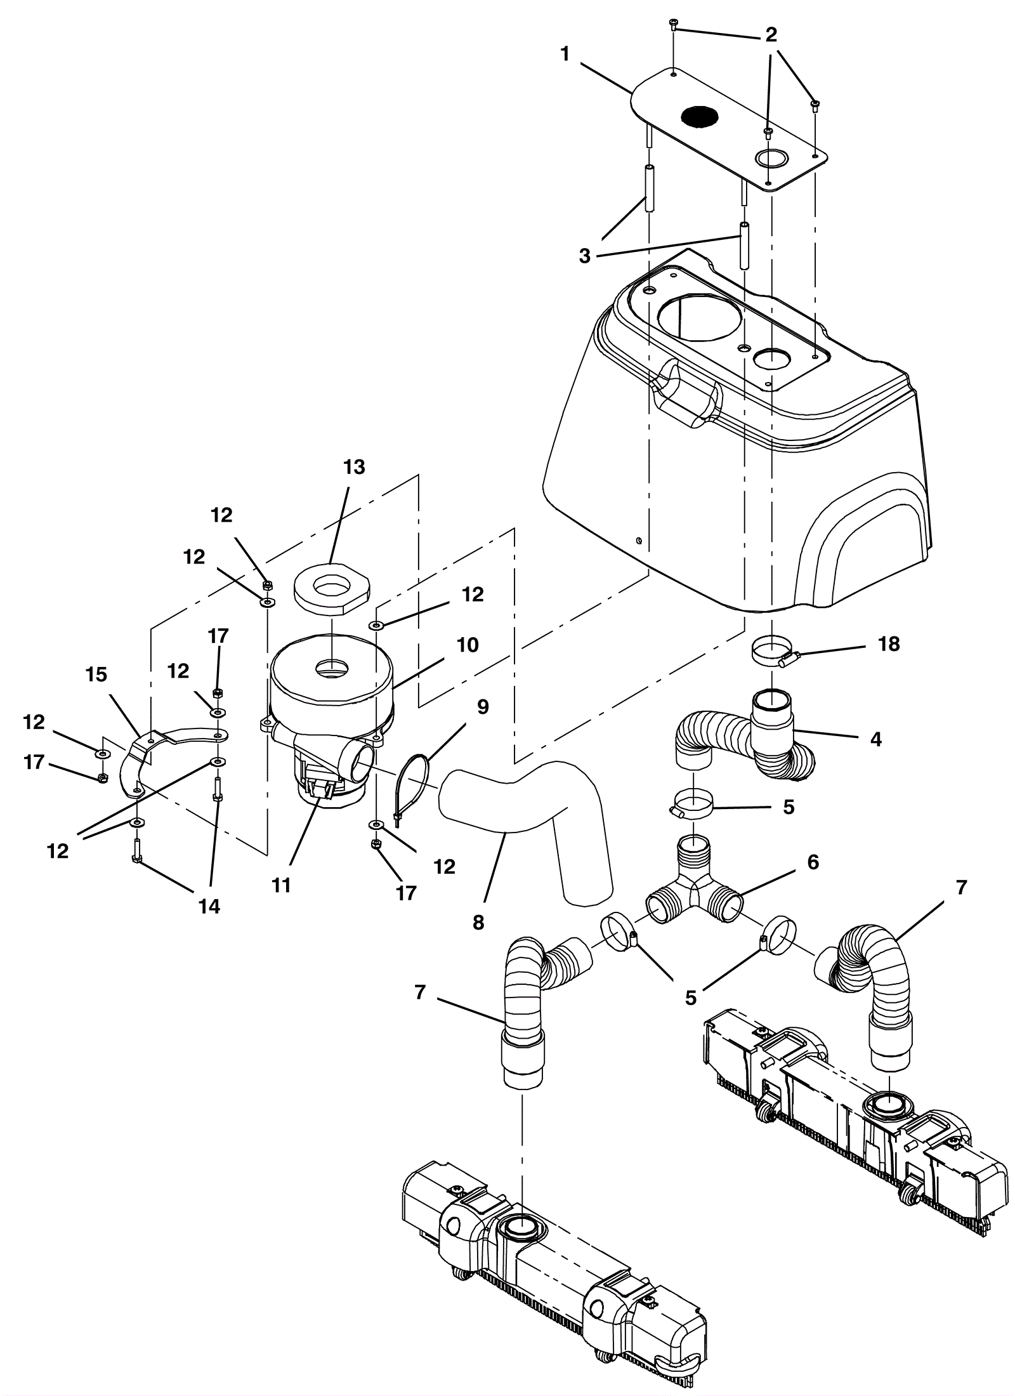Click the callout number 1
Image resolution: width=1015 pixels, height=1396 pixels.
(x=566, y=54)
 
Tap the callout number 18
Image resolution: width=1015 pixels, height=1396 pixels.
(x=889, y=644)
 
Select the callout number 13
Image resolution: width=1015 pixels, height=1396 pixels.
(x=355, y=467)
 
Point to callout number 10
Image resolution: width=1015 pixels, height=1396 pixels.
(x=468, y=645)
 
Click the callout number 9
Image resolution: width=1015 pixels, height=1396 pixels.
(x=483, y=707)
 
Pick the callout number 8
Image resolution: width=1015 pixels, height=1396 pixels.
(x=478, y=923)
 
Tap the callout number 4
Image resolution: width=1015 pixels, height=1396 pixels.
(x=876, y=739)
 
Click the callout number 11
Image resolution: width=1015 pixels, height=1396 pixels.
(x=281, y=885)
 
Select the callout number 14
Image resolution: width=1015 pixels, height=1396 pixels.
(x=209, y=907)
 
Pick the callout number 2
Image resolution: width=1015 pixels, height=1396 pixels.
(x=771, y=35)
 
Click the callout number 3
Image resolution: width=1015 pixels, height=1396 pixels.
(x=584, y=256)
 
